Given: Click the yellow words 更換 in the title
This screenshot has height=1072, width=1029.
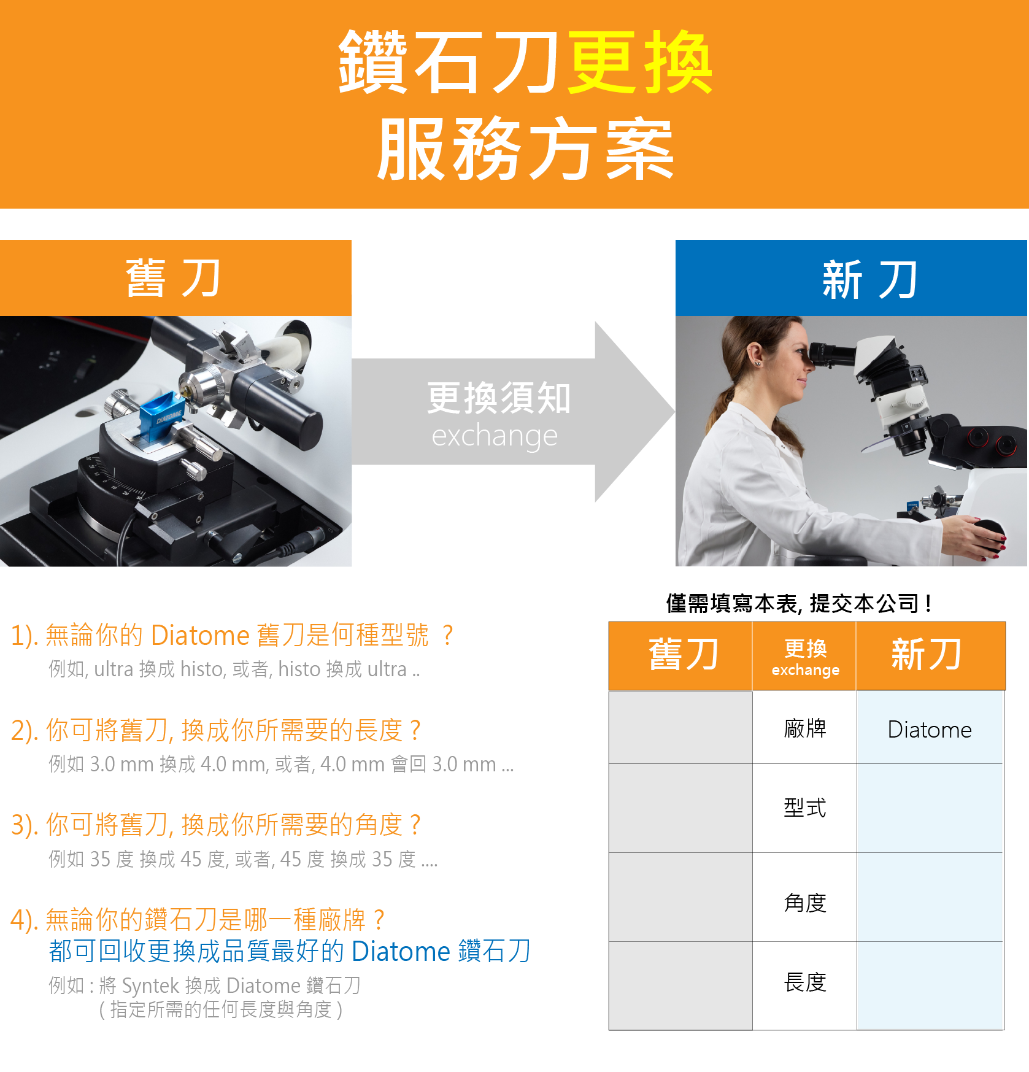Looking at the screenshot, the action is pyautogui.click(x=639, y=63).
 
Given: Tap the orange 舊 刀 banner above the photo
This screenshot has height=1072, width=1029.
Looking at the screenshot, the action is pyautogui.click(x=175, y=278).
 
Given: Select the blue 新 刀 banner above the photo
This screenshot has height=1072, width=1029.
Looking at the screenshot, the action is pyautogui.click(x=852, y=278).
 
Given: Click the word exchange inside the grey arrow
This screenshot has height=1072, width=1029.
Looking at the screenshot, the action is pyautogui.click(x=495, y=436).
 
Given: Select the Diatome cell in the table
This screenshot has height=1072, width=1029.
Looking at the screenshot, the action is pyautogui.click(x=930, y=728).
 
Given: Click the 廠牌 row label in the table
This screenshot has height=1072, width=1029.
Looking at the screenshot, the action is pyautogui.click(x=805, y=728).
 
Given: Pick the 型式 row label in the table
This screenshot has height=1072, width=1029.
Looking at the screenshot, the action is pyautogui.click(x=805, y=808).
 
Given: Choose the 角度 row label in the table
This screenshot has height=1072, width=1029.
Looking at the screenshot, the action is pyautogui.click(x=805, y=903).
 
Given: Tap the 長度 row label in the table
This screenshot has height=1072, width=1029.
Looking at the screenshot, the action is pyautogui.click(x=805, y=982).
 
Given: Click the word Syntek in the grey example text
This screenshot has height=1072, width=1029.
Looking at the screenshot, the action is pyautogui.click(x=150, y=985).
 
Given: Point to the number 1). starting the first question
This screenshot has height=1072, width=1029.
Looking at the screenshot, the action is pyautogui.click(x=25, y=635).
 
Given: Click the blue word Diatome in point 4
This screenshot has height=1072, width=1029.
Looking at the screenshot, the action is pyautogui.click(x=401, y=951).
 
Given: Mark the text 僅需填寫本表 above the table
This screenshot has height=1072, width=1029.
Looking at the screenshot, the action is pyautogui.click(x=732, y=603).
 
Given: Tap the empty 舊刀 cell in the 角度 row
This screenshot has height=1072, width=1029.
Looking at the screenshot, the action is pyautogui.click(x=680, y=897).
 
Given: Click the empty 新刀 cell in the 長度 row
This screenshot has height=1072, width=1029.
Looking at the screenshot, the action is pyautogui.click(x=930, y=985).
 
